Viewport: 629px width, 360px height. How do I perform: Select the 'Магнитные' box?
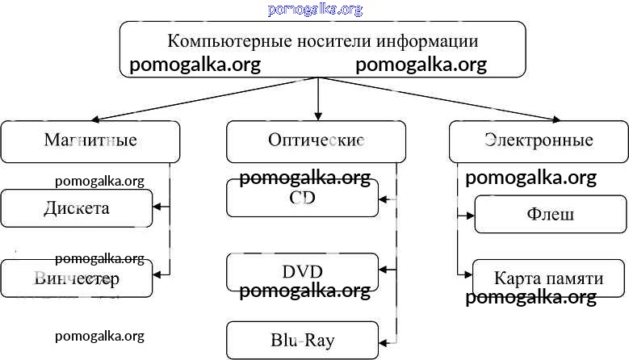[90, 141]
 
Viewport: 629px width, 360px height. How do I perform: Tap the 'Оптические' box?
[316, 141]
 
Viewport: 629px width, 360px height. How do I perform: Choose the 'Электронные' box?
[539, 141]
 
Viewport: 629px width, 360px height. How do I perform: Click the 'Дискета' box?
[76, 208]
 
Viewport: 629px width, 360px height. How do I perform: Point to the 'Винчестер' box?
[76, 278]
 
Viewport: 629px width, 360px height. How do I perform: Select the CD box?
[302, 199]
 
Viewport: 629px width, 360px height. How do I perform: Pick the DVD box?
[302, 271]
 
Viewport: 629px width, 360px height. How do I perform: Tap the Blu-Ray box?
[302, 340]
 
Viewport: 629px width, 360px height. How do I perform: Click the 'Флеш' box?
[550, 215]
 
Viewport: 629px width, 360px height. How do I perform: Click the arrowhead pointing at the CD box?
[384, 199]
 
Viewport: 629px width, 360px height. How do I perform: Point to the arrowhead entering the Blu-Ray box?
[384, 340]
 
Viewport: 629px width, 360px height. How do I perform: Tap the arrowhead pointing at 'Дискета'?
[157, 208]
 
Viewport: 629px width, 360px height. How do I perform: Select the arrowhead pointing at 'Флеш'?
[469, 215]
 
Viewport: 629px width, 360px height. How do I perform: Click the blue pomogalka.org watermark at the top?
[315, 10]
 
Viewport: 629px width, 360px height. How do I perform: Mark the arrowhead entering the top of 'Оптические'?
[318, 115]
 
